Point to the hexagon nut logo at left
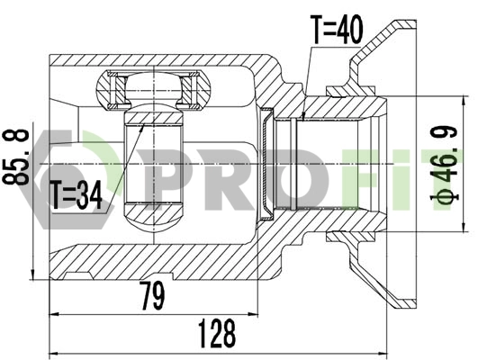(x=41, y=167)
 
